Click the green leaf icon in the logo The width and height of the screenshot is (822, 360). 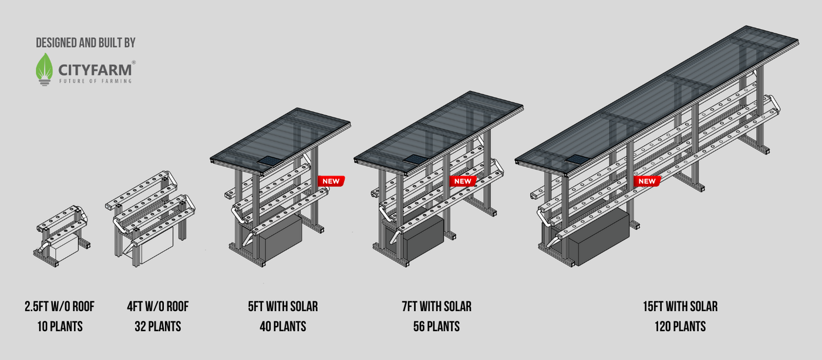pyautogui.click(x=44, y=69)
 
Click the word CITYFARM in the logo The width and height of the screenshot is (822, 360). pyautogui.click(x=95, y=70)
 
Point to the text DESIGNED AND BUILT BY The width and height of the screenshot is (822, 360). pyautogui.click(x=86, y=42)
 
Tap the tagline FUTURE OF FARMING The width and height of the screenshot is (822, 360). pyautogui.click(x=95, y=80)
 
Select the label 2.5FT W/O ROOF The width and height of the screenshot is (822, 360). pyautogui.click(x=59, y=307)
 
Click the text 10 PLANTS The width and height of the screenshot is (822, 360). pyautogui.click(x=60, y=327)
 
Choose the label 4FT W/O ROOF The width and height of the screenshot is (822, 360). pyautogui.click(x=158, y=307)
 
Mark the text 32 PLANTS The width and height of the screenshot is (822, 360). pyautogui.click(x=158, y=327)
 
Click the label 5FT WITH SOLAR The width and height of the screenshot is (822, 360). pyautogui.click(x=283, y=307)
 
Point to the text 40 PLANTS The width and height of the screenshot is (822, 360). pyautogui.click(x=283, y=327)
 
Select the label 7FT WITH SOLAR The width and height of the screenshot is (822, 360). pyautogui.click(x=437, y=307)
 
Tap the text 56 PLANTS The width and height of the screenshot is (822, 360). pyautogui.click(x=437, y=327)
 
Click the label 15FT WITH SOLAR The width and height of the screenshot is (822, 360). pyautogui.click(x=680, y=307)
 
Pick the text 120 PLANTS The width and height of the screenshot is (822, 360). pyautogui.click(x=680, y=327)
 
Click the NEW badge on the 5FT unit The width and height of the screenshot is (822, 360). pyautogui.click(x=331, y=181)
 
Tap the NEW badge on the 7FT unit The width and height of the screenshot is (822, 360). pyautogui.click(x=463, y=181)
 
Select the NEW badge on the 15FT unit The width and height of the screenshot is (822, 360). pyautogui.click(x=647, y=181)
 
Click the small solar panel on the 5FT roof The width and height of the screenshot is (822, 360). pyautogui.click(x=271, y=161)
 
